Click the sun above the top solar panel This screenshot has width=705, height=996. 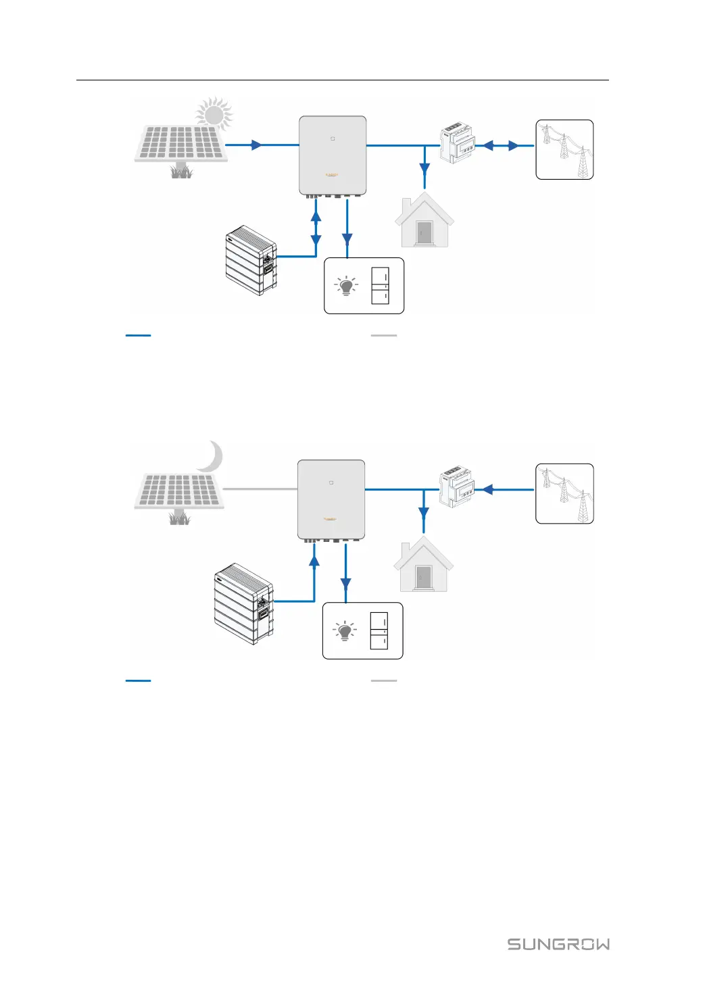(x=214, y=114)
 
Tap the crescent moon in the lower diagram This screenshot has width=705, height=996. (x=212, y=457)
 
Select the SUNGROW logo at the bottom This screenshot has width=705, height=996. (x=558, y=944)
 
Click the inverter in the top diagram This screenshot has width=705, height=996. (x=333, y=155)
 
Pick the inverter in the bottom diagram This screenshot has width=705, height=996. (x=331, y=499)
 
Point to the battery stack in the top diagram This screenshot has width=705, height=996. (x=251, y=261)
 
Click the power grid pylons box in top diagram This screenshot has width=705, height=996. (x=564, y=149)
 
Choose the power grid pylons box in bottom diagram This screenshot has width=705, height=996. (x=564, y=493)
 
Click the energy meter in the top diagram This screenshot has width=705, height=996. (x=458, y=144)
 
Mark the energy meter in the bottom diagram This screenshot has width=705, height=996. (x=457, y=487)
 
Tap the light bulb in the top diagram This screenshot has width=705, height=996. (x=346, y=286)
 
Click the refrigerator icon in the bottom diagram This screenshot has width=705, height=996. (x=379, y=630)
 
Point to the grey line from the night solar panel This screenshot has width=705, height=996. (x=260, y=489)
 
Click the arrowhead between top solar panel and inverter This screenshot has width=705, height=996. (x=256, y=145)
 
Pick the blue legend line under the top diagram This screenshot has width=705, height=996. (x=138, y=335)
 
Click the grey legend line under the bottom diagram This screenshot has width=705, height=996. (x=384, y=680)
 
